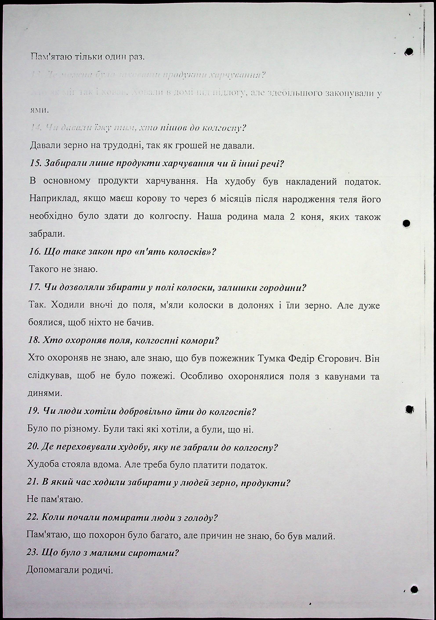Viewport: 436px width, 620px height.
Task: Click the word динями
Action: click(45, 393)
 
